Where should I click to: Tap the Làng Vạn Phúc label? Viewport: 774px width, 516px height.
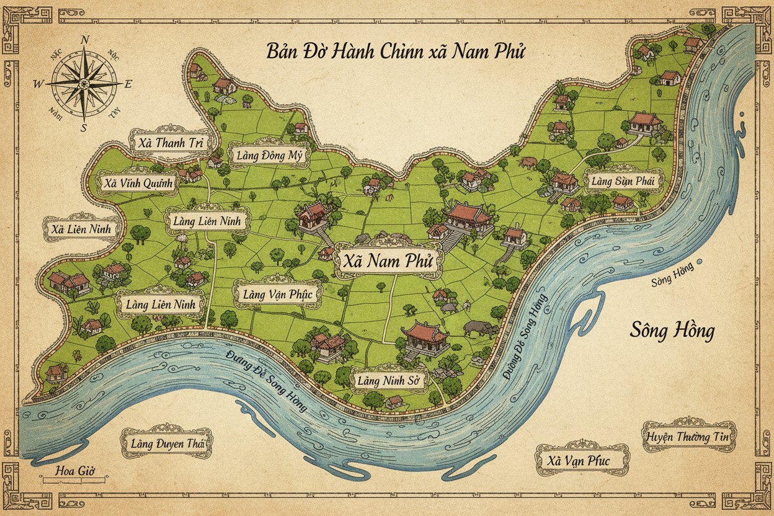[277, 294]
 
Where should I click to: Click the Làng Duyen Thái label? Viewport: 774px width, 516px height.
[166, 443]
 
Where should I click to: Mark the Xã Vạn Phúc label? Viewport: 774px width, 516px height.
[581, 461]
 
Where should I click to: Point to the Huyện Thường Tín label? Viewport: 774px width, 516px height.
[689, 437]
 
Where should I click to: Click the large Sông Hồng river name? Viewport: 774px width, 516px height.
[672, 330]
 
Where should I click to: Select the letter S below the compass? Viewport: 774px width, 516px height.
[84, 128]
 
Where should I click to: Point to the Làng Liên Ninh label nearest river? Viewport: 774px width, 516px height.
[160, 305]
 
